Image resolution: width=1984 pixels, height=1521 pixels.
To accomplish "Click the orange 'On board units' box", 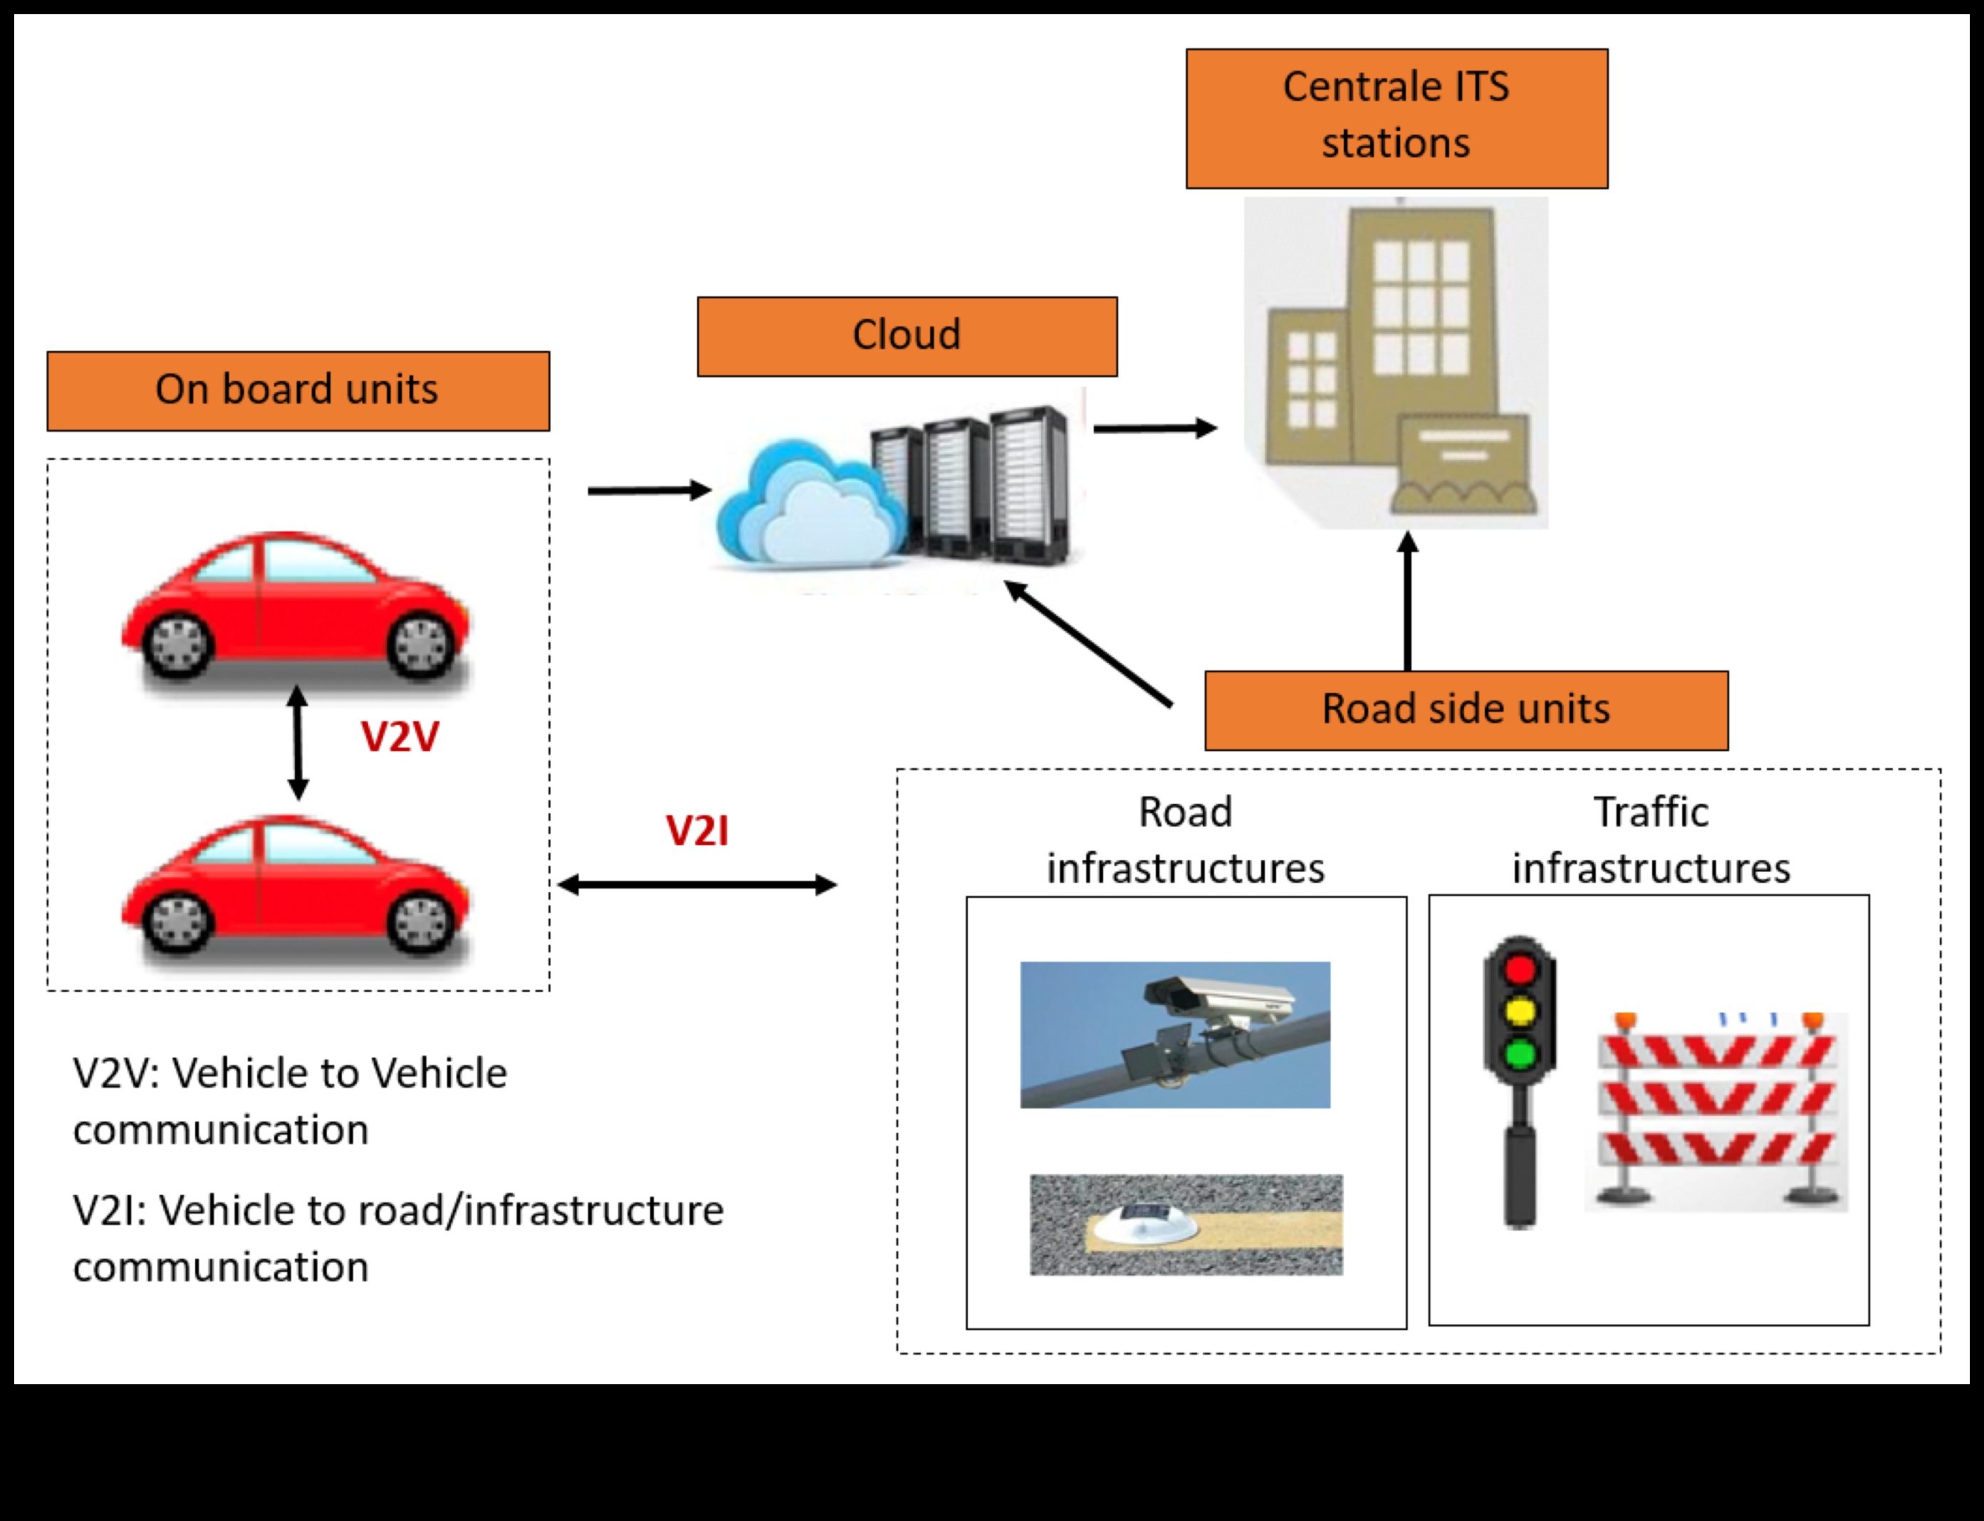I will (298, 391).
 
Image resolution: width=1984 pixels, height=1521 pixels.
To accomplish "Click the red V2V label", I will (400, 737).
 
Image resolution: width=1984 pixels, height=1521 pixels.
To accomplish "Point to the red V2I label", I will (696, 831).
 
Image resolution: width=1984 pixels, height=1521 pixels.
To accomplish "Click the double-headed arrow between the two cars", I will (298, 743).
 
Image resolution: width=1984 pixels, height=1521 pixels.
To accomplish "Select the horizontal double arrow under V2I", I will (696, 884).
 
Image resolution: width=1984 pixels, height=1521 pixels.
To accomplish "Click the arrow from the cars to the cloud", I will (648, 491).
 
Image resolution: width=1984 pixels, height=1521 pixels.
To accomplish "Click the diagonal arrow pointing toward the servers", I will (1087, 643).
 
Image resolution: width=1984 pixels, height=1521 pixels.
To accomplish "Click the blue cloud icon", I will (800, 507).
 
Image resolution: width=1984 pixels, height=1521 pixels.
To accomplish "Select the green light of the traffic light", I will (1520, 1054).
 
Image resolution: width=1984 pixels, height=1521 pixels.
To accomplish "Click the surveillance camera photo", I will (1174, 1034).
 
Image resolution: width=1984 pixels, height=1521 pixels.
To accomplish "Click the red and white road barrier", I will (1717, 1110).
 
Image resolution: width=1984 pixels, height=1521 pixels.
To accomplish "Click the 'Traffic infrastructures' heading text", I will (1650, 840).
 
